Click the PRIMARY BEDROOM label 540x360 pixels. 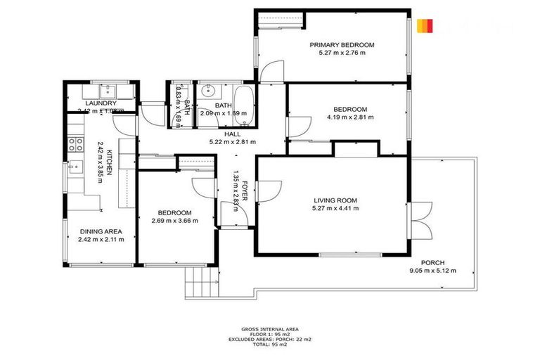pyautogui.click(x=342, y=44)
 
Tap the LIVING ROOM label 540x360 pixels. pyautogui.click(x=335, y=200)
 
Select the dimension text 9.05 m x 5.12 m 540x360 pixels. pyautogui.click(x=432, y=271)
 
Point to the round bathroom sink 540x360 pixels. pyautogui.click(x=207, y=91)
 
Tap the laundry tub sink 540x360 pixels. pyautogui.click(x=109, y=91)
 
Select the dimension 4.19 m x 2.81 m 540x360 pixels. pyautogui.click(x=349, y=117)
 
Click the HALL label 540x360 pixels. pyautogui.click(x=232, y=134)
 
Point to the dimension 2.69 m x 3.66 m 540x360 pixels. pyautogui.click(x=174, y=221)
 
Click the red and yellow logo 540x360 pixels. pyautogui.click(x=424, y=26)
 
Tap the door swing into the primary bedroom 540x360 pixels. pyautogui.click(x=271, y=69)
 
